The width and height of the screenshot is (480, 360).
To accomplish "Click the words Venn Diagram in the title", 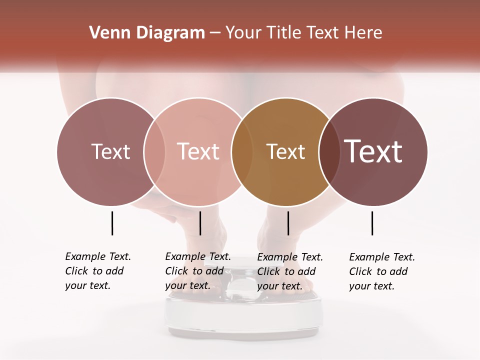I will pyautogui.click(x=147, y=33).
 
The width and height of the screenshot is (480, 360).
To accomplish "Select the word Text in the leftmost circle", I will pyautogui.click(x=110, y=151).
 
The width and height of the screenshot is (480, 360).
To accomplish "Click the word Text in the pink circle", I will pyautogui.click(x=198, y=151).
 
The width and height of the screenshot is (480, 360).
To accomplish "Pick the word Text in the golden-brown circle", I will pyautogui.click(x=285, y=151).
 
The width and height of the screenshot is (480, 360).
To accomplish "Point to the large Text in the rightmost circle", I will pyautogui.click(x=373, y=151).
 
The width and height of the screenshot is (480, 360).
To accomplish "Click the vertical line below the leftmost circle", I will pyautogui.click(x=112, y=223).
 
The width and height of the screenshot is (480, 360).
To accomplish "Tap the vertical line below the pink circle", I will pyautogui.click(x=200, y=223).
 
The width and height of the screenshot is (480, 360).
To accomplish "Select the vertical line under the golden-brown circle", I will pyautogui.click(x=288, y=223).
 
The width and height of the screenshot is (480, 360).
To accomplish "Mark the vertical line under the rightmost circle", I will pyautogui.click(x=372, y=223).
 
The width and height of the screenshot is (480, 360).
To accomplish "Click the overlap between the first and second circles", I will pyautogui.click(x=154, y=151).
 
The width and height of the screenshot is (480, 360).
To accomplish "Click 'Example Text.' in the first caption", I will pyautogui.click(x=98, y=256).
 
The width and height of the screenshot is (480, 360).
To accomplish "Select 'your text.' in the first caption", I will pyautogui.click(x=87, y=286).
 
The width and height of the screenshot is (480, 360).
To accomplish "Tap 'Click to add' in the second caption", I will pyautogui.click(x=194, y=271).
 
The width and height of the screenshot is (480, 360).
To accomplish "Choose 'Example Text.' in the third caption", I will pyautogui.click(x=290, y=257).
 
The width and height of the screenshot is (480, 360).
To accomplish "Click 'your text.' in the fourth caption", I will pyautogui.click(x=371, y=286).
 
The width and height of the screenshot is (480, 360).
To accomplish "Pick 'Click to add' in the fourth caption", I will pyautogui.click(x=378, y=271).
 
